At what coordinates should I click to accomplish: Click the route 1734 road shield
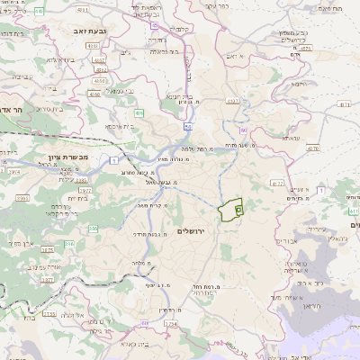(x=171, y=325)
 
